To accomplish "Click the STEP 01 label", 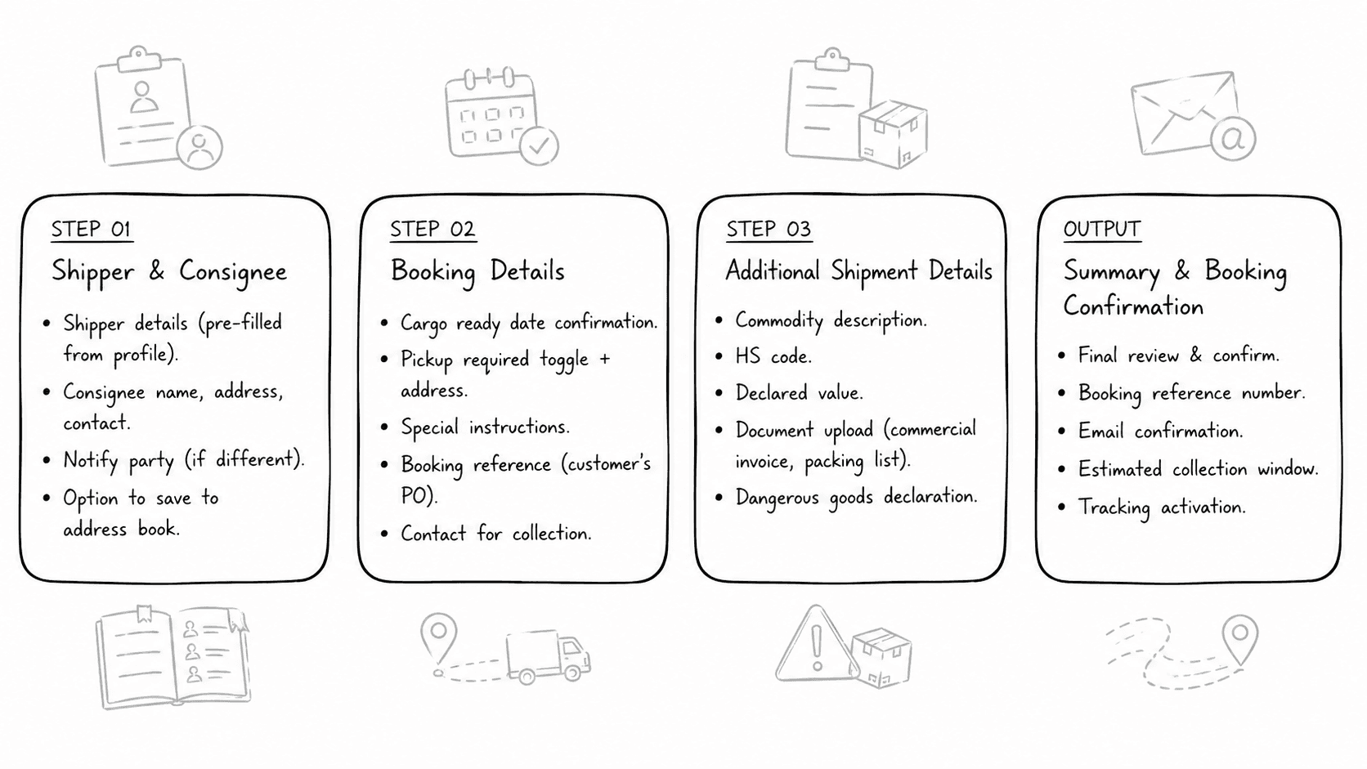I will (91, 229).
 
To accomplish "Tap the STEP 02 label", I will (432, 229).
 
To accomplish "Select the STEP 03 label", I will (769, 229).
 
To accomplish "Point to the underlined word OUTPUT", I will (1101, 229).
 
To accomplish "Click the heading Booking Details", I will (477, 271).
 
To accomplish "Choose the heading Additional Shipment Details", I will (858, 271).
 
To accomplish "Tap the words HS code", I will (773, 356).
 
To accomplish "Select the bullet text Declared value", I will (799, 393).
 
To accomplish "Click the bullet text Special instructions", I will (485, 427).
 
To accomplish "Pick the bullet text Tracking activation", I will (1162, 507).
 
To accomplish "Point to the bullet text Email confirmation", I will (1160, 431).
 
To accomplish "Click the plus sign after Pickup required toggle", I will (604, 359).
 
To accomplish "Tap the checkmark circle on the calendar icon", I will (539, 146).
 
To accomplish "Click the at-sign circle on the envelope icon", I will (1232, 139).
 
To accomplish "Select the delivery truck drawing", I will (548, 655).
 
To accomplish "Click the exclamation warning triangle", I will (815, 647).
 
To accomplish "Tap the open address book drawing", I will (173, 657).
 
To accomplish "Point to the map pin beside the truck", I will (438, 636).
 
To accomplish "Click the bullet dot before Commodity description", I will (719, 320).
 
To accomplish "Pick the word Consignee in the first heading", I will (233, 272).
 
